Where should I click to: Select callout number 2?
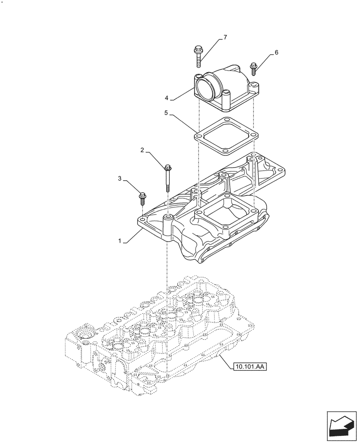(142, 151)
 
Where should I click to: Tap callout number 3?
(120, 178)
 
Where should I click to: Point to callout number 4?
(167, 97)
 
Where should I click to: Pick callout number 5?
(166, 113)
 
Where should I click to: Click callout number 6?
(277, 52)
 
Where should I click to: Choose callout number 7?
(225, 37)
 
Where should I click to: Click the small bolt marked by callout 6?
(254, 69)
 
